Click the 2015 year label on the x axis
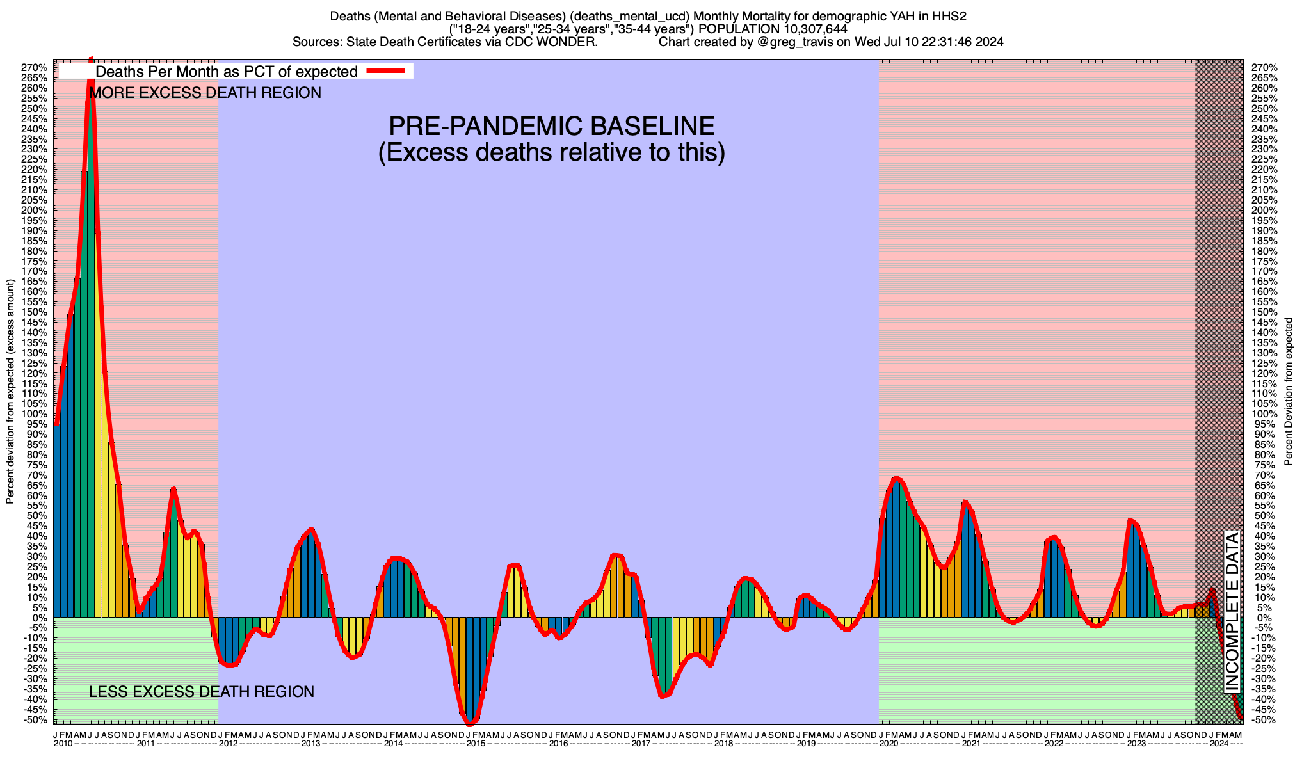[x=476, y=744]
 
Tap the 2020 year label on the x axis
[x=889, y=744]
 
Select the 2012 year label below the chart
[x=228, y=744]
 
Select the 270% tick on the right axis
[x=1264, y=68]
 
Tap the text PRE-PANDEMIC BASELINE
[x=551, y=126]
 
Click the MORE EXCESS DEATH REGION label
[x=205, y=93]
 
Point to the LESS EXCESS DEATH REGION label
[x=202, y=692]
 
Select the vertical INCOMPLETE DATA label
[x=1232, y=611]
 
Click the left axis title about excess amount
[x=10, y=392]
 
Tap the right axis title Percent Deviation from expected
[x=1289, y=392]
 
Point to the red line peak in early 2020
[x=896, y=477]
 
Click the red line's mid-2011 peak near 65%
[x=173, y=490]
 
